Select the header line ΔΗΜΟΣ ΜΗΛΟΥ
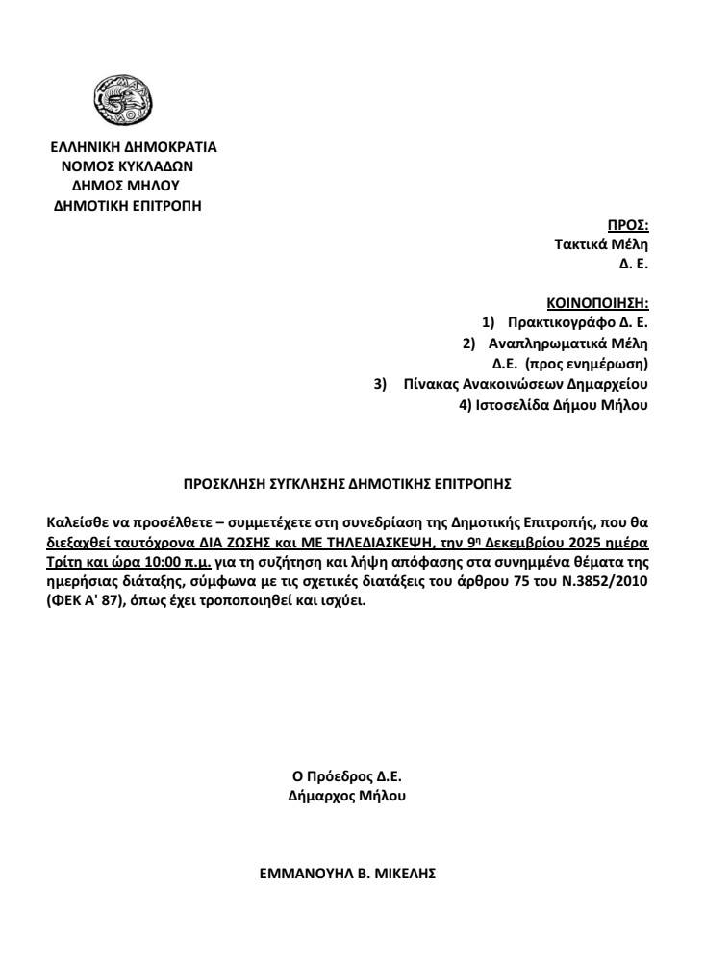134,184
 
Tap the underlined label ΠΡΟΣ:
629,225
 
